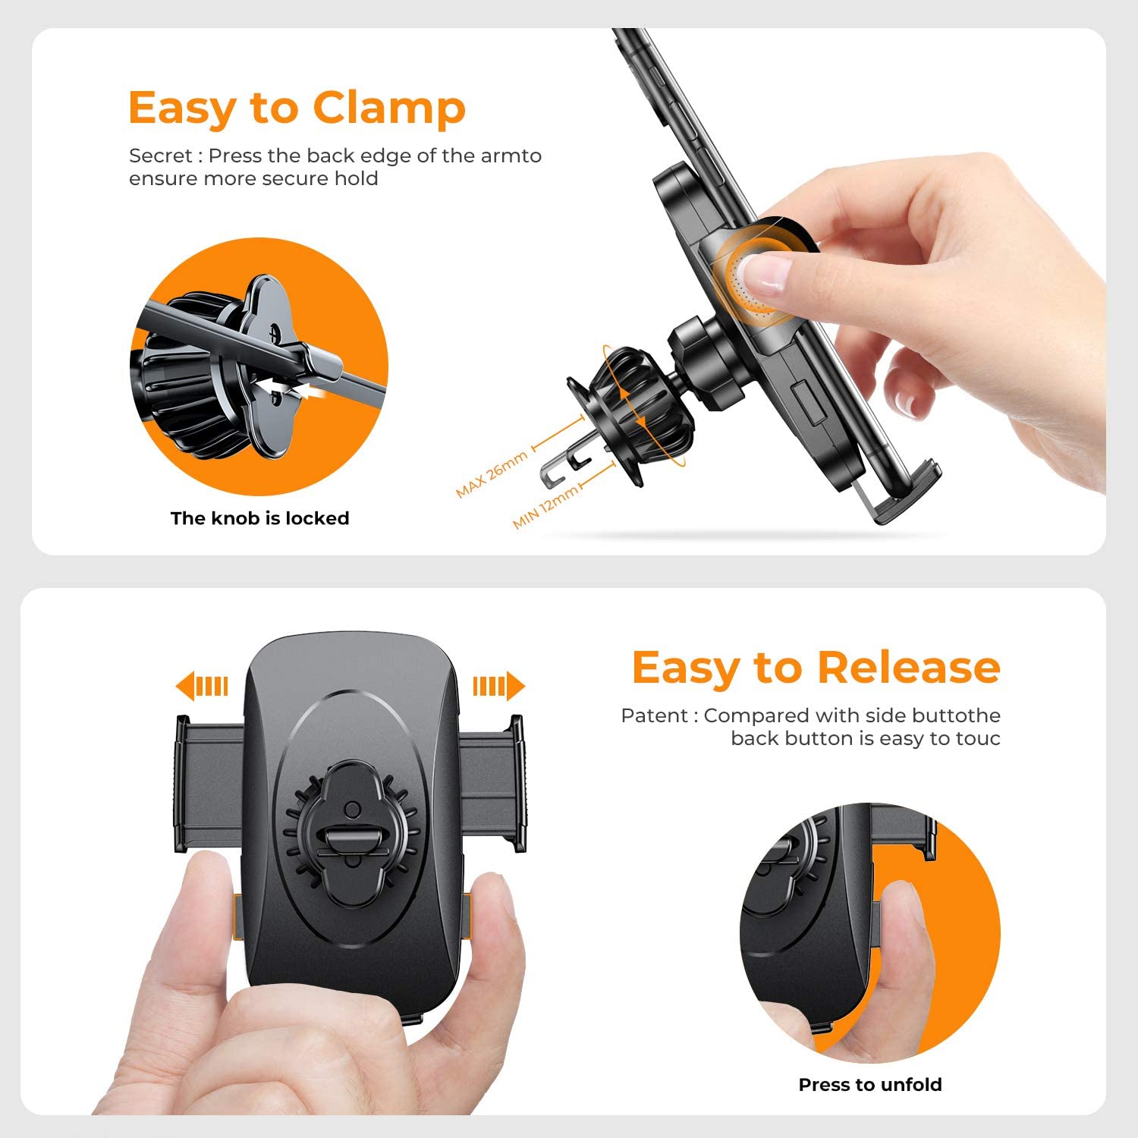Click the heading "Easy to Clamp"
point(297,108)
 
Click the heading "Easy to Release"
point(816,668)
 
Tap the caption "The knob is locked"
point(259,518)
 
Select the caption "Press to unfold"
point(870,1085)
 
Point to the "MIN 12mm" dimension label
point(545,506)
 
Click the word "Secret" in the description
point(160,156)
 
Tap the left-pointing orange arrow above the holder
point(202,686)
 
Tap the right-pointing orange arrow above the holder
point(498,686)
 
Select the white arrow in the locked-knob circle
point(288,389)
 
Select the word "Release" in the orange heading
point(909,668)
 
